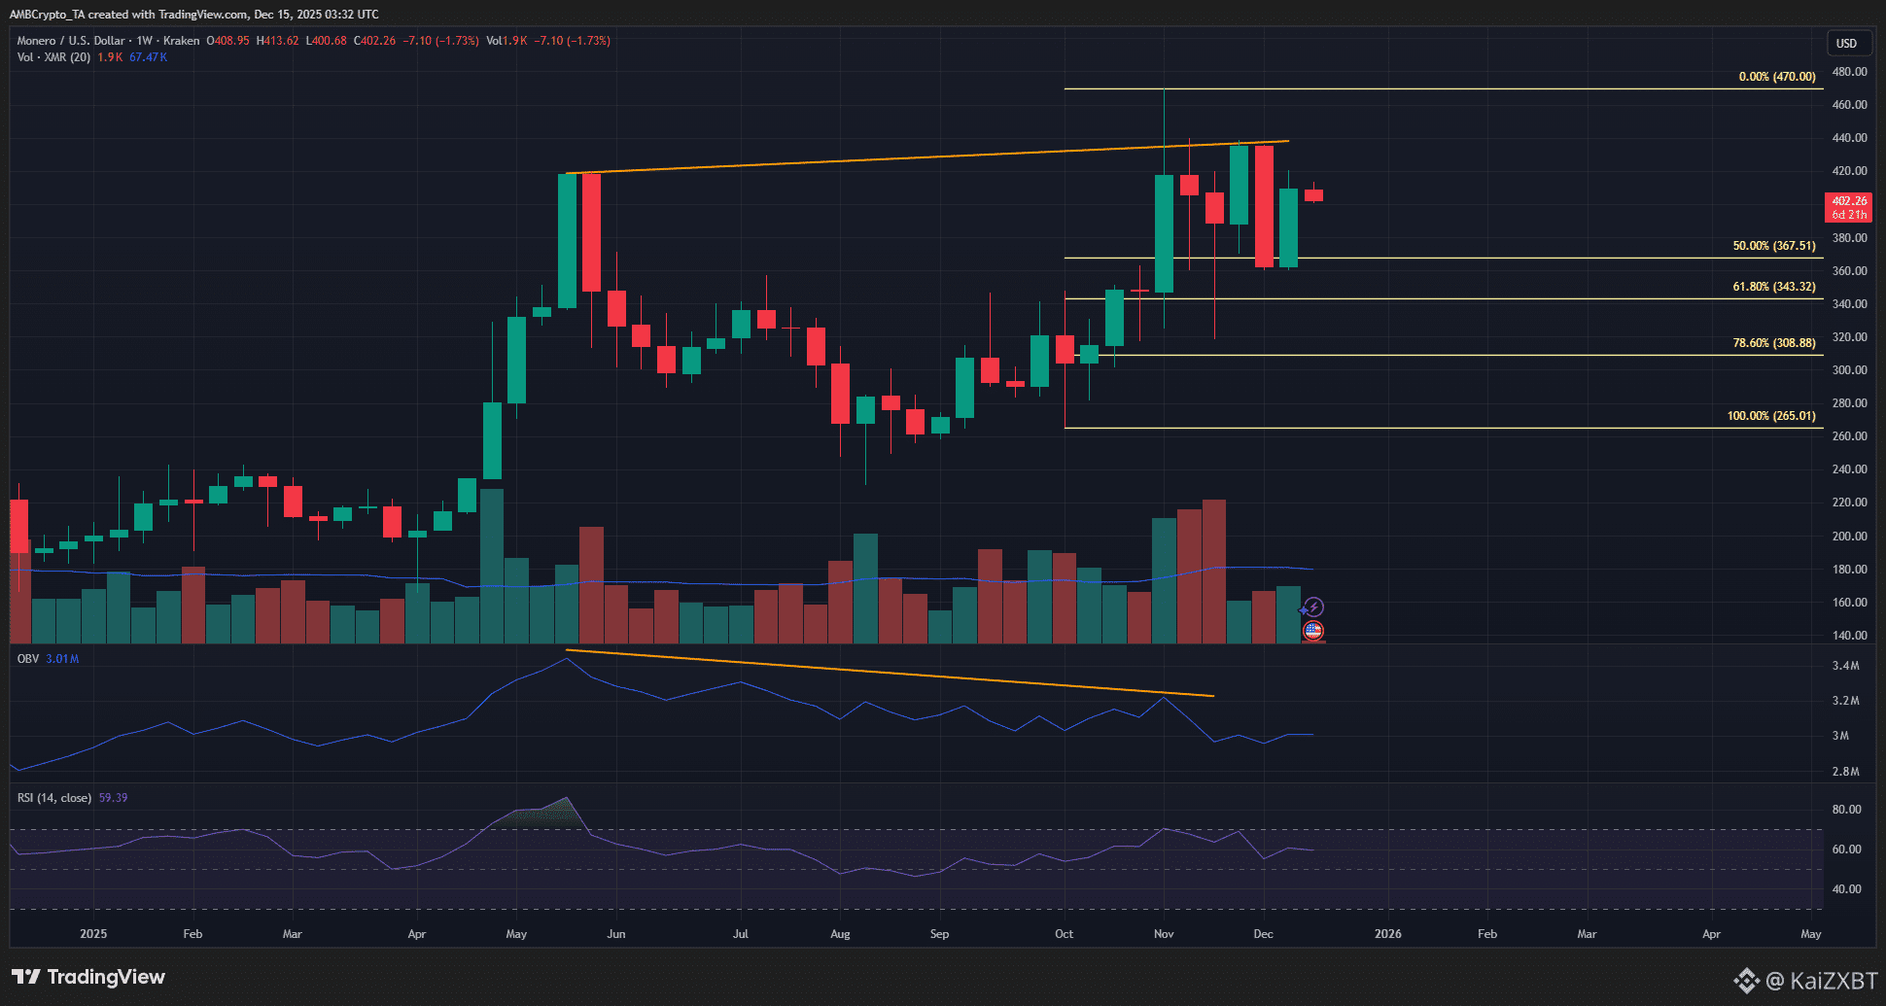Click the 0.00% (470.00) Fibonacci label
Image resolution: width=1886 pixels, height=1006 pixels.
(1776, 77)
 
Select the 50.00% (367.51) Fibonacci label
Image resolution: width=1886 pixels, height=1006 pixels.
(1773, 246)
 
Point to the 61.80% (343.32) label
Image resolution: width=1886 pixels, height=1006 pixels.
(1773, 287)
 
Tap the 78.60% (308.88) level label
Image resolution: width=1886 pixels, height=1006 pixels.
(1773, 343)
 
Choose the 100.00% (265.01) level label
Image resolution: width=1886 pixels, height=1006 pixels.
(1770, 416)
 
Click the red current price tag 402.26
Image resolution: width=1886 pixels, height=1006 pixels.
(1849, 201)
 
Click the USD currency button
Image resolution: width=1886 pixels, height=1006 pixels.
(1846, 44)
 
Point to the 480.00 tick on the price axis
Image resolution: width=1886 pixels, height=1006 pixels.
(1849, 72)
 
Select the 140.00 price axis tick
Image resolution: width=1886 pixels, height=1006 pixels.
(1849, 636)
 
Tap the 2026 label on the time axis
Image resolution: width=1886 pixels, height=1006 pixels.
(1387, 934)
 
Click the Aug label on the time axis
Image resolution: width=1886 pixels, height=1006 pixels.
(840, 934)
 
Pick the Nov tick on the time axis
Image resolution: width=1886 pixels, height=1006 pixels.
(1164, 934)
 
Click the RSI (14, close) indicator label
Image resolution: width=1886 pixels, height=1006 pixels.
(54, 798)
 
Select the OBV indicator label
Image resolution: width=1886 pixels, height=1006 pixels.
(28, 659)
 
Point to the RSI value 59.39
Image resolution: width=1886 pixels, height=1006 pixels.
(113, 798)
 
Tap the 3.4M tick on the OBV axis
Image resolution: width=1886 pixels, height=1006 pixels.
(1845, 666)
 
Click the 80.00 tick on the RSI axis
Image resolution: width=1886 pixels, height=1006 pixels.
(1846, 810)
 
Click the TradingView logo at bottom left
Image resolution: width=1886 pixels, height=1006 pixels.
(88, 977)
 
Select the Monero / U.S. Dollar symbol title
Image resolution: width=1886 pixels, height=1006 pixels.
(71, 41)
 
